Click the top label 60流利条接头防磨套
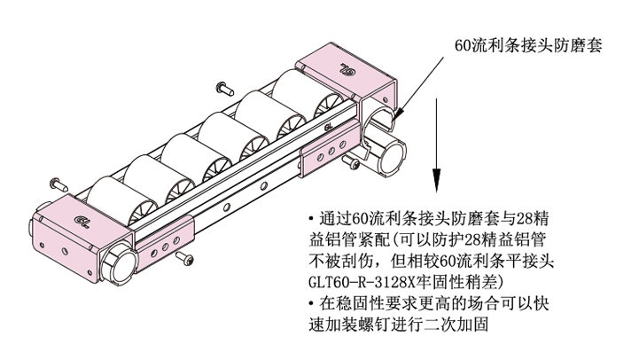pos(528,45)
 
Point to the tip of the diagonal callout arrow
pos(395,119)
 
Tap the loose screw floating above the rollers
pos(223,87)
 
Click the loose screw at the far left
pos(58,184)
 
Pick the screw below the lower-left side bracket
pos(185,258)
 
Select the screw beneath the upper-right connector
pos(351,162)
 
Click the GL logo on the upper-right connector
pos(347,69)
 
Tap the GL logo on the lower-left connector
pos(83,221)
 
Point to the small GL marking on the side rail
pos(329,127)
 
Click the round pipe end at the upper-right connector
pos(393,157)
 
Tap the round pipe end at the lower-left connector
pos(121,264)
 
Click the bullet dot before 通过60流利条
pos(311,219)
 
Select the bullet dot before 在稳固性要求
pos(311,304)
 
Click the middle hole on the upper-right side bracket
pos(331,152)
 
